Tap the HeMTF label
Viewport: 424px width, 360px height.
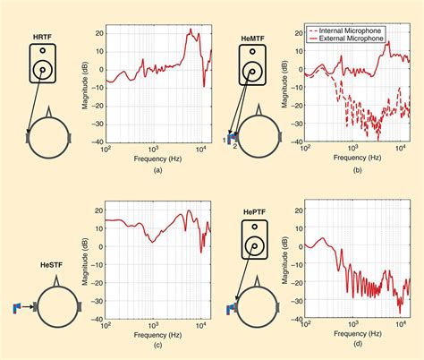click(252, 39)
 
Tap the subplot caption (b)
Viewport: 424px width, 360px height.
click(357, 167)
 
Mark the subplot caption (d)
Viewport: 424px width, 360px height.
click(357, 345)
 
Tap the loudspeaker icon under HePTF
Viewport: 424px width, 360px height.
click(255, 243)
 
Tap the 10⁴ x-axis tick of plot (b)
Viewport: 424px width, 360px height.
click(400, 149)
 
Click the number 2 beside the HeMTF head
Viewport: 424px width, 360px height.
click(235, 145)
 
